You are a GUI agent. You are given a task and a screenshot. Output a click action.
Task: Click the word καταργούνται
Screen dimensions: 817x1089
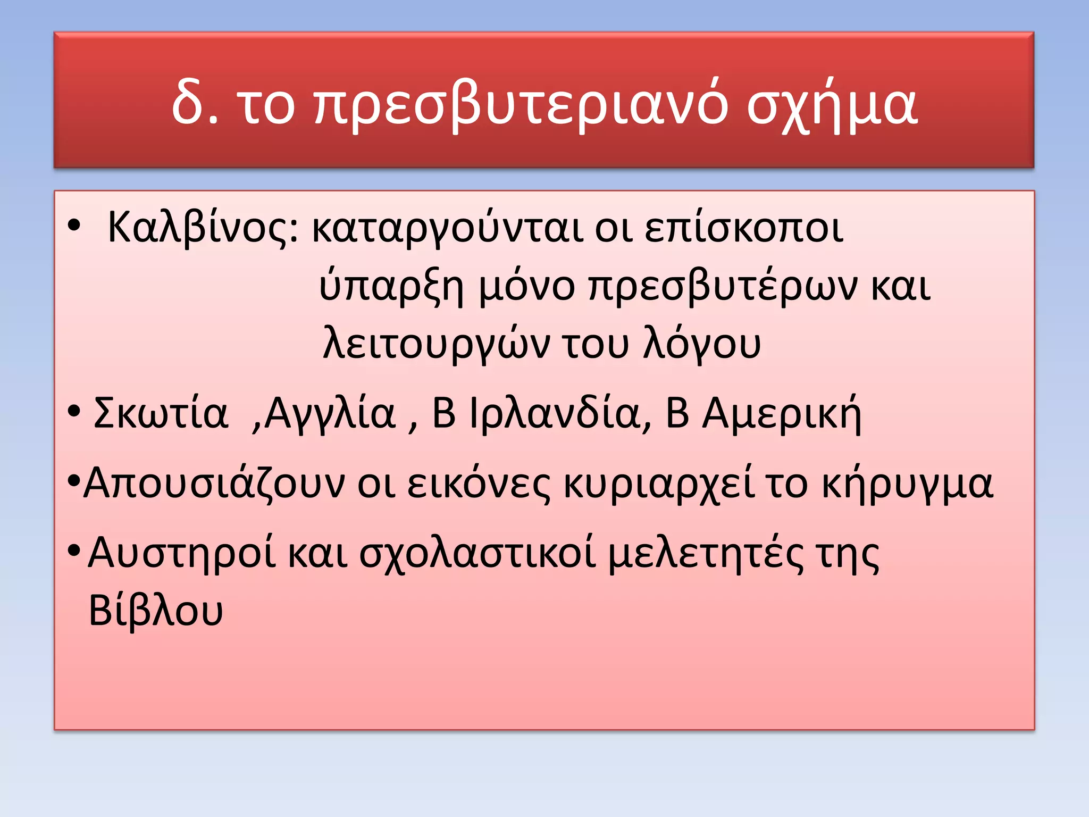pyautogui.click(x=447, y=228)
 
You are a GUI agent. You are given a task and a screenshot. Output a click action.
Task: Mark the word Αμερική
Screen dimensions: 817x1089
pyautogui.click(x=782, y=413)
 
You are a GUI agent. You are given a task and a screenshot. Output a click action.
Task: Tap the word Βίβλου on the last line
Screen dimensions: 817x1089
pyautogui.click(x=155, y=611)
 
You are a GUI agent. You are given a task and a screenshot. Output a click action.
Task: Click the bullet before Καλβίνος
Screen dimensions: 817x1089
pyautogui.click(x=74, y=226)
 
